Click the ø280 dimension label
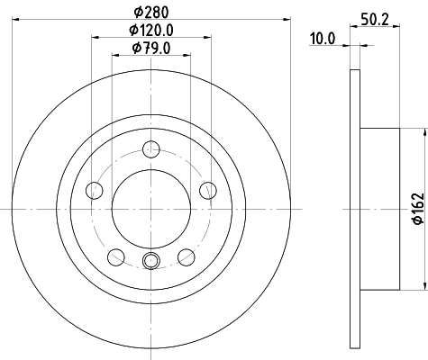[x=150, y=12]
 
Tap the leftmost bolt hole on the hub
[x=94, y=189]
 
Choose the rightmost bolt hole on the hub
[x=208, y=189]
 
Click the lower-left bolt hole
[x=115, y=256]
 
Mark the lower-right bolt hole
[x=187, y=256]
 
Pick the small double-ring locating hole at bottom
[x=150, y=262]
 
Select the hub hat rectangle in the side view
[x=379, y=209]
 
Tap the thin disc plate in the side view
[x=355, y=209]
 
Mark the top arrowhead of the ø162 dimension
[x=420, y=131]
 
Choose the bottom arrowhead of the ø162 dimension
[x=420, y=286]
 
